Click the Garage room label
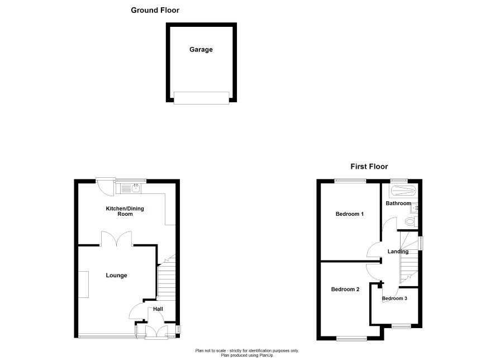(x=201, y=50)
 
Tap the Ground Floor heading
(x=155, y=10)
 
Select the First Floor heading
(x=369, y=167)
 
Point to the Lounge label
(x=116, y=276)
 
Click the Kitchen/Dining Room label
(x=125, y=211)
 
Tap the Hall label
(x=158, y=309)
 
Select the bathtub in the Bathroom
(x=403, y=191)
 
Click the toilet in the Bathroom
(x=411, y=221)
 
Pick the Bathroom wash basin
(x=414, y=208)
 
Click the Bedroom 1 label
(x=350, y=214)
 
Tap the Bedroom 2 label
(x=345, y=289)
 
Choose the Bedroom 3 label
(x=394, y=298)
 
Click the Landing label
(x=398, y=252)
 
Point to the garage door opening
(x=202, y=98)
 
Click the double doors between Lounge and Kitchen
(x=117, y=239)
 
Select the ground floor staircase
(x=166, y=277)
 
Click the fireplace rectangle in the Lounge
(x=84, y=284)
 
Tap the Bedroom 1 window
(x=350, y=181)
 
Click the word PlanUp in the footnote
(x=266, y=356)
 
